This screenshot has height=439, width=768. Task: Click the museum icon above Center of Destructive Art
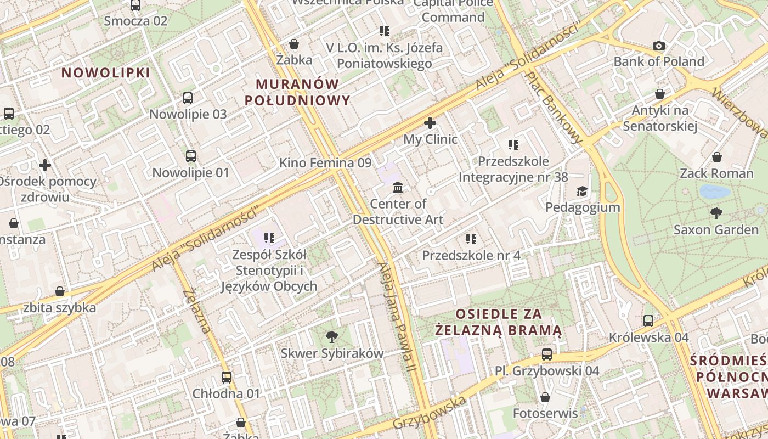(398, 188)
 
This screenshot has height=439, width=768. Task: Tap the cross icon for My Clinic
(430, 123)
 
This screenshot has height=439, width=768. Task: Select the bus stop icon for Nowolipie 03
(188, 98)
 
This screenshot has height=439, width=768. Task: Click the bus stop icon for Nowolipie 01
(190, 156)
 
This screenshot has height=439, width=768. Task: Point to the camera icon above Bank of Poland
(658, 46)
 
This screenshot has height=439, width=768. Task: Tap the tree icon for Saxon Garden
(716, 213)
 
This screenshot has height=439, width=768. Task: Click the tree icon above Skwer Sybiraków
(331, 336)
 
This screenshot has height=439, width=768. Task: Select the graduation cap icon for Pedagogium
(582, 191)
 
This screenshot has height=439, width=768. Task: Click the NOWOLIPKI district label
(105, 73)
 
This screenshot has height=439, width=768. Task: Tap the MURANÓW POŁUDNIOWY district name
(297, 92)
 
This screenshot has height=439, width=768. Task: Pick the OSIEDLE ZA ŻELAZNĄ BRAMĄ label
(499, 322)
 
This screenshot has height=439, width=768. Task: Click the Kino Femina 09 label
(325, 163)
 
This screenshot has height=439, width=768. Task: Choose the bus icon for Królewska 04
(648, 320)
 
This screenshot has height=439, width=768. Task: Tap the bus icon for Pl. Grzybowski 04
(546, 354)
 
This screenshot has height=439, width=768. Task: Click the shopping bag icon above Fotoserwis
(545, 397)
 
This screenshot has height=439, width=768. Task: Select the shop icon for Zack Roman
(716, 157)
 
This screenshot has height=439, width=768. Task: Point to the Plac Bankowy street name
(554, 108)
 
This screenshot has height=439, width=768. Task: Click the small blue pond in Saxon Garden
(715, 192)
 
